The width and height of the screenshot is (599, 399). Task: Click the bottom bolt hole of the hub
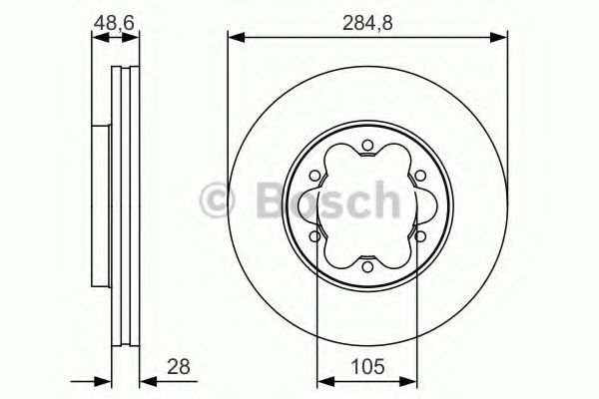point(366,263)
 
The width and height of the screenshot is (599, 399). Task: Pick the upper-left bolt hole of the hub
point(316,177)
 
